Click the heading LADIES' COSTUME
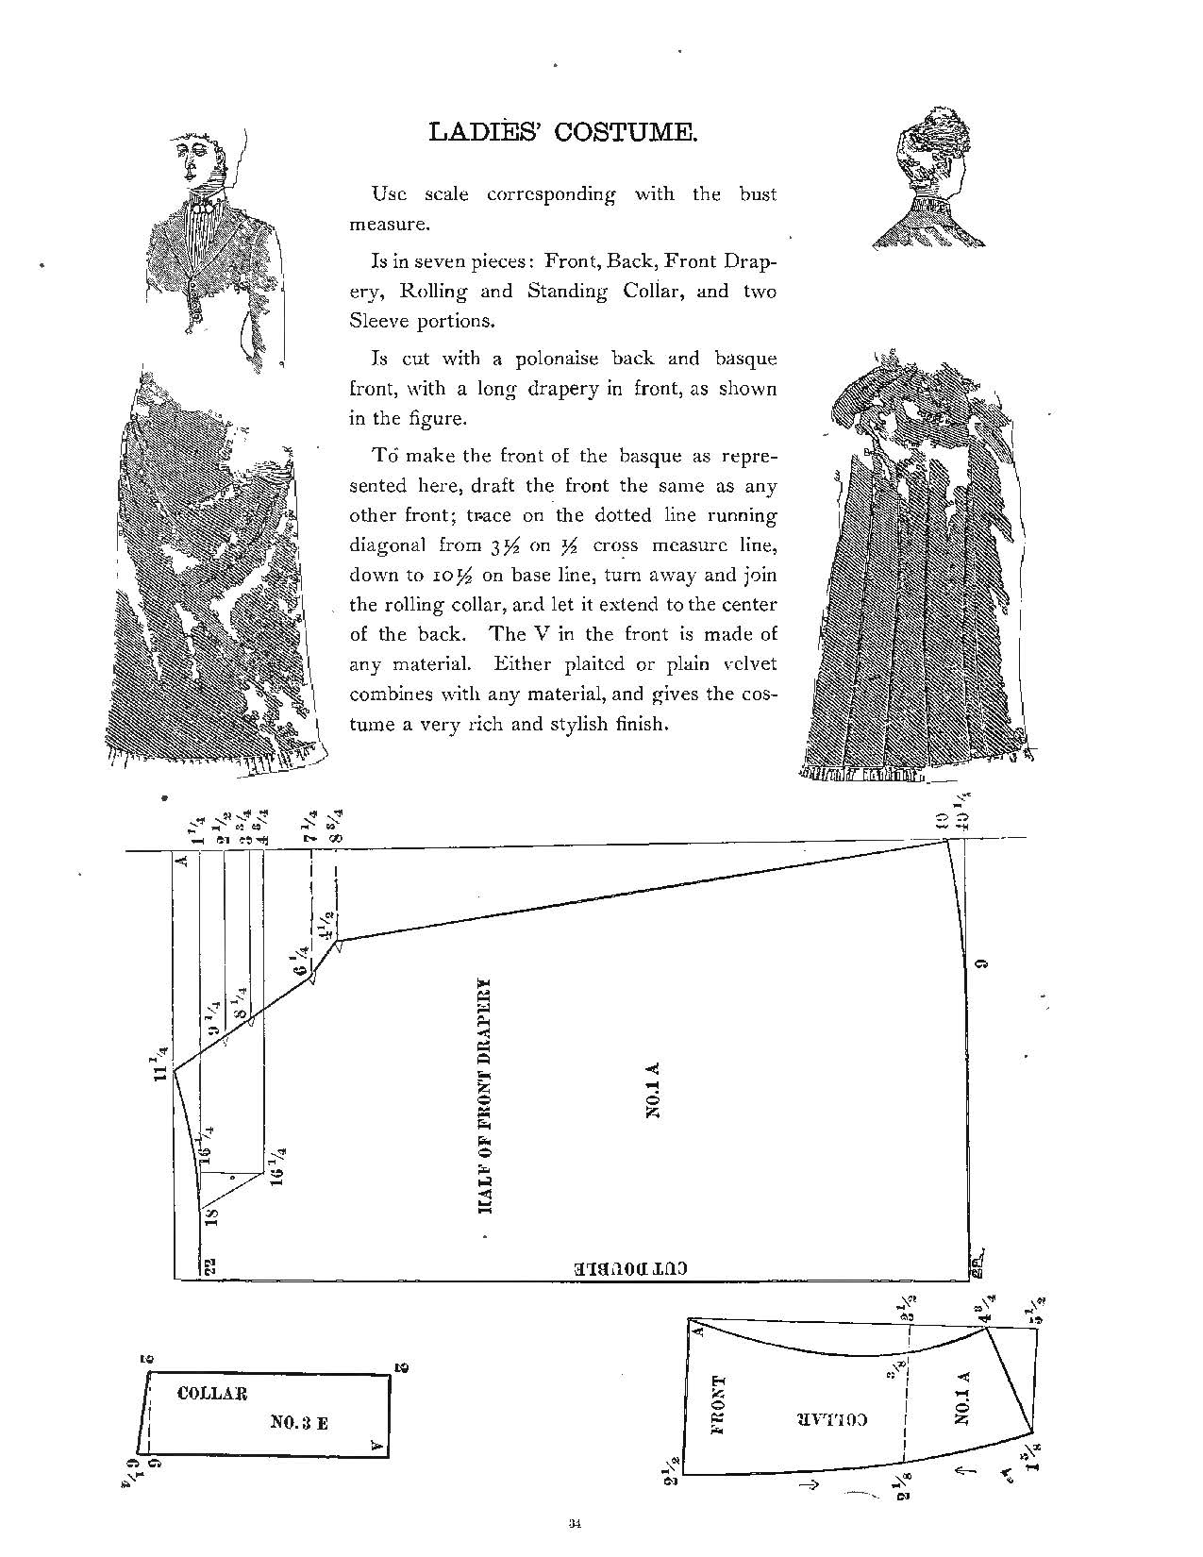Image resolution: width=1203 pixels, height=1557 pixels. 563,131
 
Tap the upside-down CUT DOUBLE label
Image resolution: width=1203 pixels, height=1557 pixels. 631,1268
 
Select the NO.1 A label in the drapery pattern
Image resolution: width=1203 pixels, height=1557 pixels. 653,1090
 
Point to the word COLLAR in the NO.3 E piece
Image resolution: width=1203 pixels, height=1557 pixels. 212,1393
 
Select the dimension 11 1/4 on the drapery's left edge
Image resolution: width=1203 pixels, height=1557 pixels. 162,1061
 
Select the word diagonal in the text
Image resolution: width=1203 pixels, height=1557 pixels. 388,545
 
